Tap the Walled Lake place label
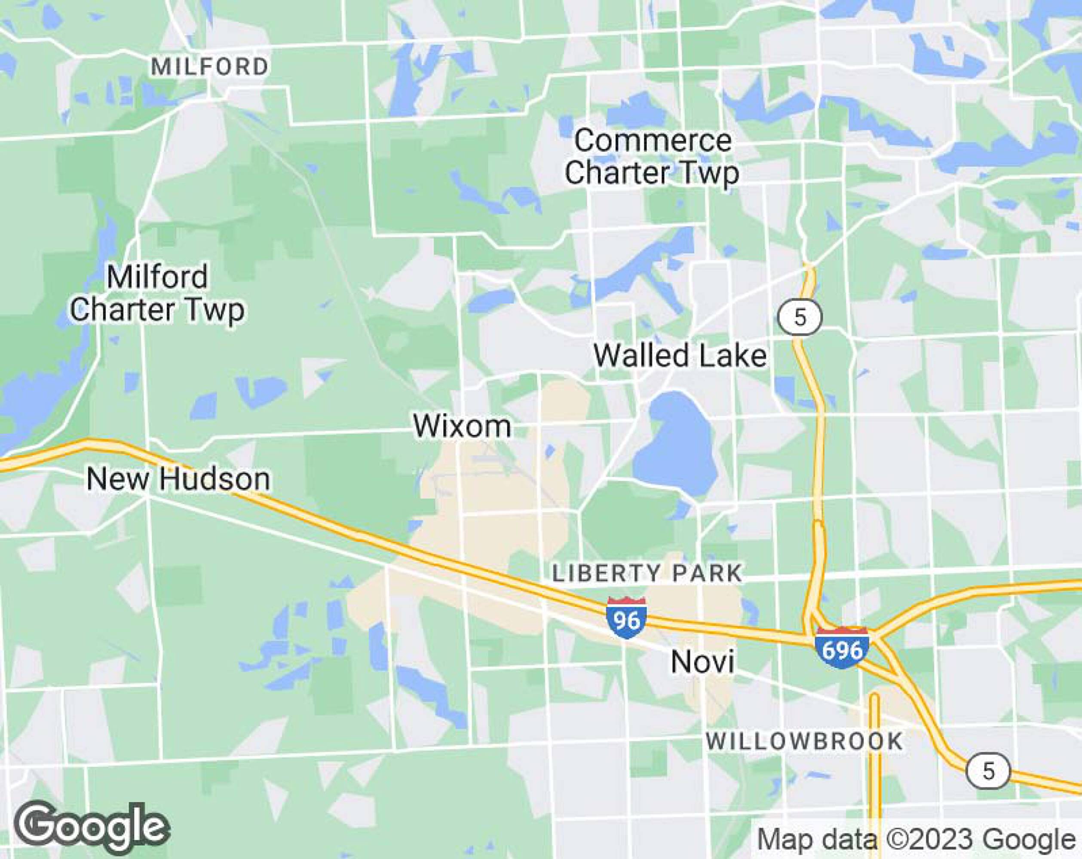click(680, 356)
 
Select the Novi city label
click(702, 662)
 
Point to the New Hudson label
click(178, 479)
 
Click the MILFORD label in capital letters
click(210, 67)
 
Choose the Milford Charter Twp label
click(157, 293)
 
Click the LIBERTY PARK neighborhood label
click(647, 574)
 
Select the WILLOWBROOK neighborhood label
click(804, 742)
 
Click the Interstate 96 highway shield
click(626, 618)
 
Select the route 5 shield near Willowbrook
click(988, 771)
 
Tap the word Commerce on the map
click(653, 141)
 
